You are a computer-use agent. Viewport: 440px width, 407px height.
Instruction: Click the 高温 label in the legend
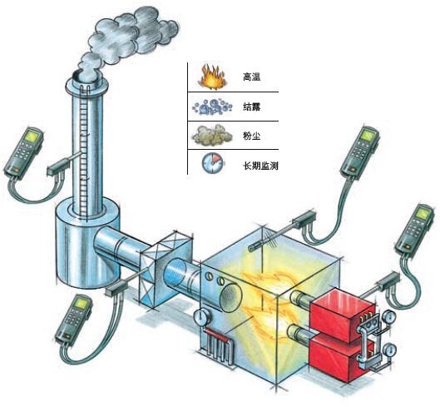[x=251, y=77]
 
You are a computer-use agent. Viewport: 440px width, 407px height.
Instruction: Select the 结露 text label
[x=251, y=107]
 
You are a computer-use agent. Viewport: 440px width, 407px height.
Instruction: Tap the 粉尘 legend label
[x=251, y=136]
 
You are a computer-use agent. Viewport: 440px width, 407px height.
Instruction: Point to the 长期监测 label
[x=260, y=166]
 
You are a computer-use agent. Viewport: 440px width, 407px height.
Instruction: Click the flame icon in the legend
[x=212, y=77]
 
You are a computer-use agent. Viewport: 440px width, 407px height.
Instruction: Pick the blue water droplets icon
[x=212, y=107]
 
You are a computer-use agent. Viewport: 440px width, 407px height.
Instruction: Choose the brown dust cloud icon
[x=212, y=136]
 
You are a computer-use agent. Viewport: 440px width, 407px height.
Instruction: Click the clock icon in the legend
[x=212, y=162]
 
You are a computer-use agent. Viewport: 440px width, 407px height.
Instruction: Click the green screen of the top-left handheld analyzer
[x=32, y=137]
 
